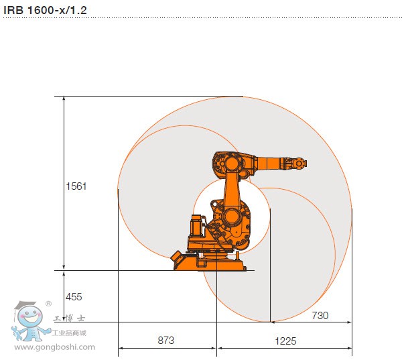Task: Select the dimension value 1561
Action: pyautogui.click(x=76, y=186)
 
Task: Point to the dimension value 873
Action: pyautogui.click(x=166, y=341)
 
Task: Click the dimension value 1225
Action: pyautogui.click(x=285, y=341)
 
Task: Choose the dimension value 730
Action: pyautogui.click(x=320, y=315)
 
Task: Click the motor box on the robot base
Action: pyautogui.click(x=197, y=228)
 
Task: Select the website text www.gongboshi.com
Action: pyautogui.click(x=55, y=347)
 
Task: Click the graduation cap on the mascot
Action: pyautogui.click(x=28, y=306)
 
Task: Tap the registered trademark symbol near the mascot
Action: pyautogui.click(x=48, y=304)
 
